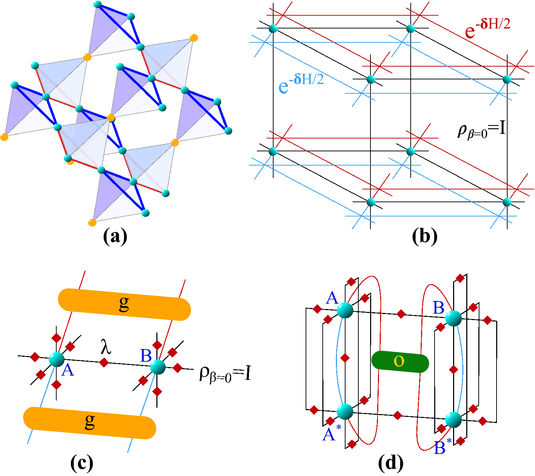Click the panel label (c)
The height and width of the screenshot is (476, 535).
click(82, 463)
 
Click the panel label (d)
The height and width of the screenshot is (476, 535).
click(391, 463)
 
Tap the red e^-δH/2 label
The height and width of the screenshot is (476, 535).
click(487, 28)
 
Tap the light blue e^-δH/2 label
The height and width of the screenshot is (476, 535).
click(301, 83)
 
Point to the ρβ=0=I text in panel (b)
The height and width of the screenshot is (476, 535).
click(482, 130)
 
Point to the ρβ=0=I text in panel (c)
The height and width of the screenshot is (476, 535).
click(225, 374)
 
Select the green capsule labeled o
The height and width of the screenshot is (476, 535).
click(400, 362)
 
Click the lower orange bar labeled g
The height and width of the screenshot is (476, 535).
click(89, 423)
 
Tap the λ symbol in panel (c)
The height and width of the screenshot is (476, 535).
click(106, 347)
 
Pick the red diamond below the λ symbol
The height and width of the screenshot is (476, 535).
click(104, 362)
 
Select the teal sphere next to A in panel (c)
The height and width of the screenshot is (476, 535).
click(57, 359)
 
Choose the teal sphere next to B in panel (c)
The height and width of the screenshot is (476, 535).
click(158, 367)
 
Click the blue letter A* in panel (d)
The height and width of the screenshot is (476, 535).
click(331, 434)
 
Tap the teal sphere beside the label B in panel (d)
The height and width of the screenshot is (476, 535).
click(453, 318)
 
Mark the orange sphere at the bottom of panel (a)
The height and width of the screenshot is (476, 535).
click(92, 223)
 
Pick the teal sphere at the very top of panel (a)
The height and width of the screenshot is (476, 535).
click(98, 5)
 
